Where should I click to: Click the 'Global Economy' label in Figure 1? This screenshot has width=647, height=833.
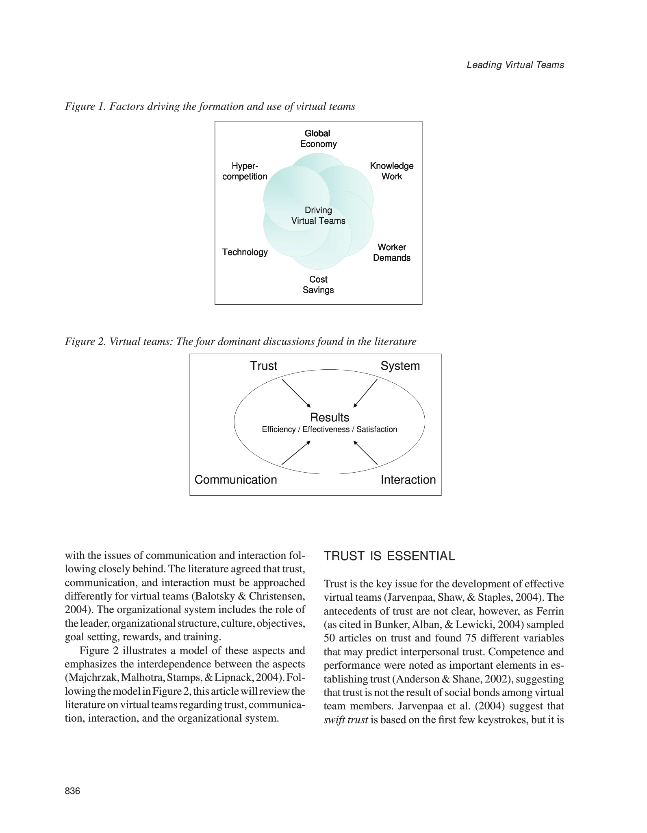tap(318, 139)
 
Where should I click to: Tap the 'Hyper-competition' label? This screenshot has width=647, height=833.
tap(245, 171)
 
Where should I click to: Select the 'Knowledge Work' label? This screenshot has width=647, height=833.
tap(391, 171)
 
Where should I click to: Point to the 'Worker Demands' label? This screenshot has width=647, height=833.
tap(391, 253)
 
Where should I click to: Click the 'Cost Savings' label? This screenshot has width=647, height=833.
tap(318, 285)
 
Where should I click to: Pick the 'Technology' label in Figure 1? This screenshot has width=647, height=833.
tap(245, 252)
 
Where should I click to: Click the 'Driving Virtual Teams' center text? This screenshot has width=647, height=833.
tap(318, 216)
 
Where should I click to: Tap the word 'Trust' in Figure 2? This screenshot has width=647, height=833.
tap(264, 366)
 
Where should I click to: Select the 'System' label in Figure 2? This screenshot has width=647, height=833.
tap(400, 366)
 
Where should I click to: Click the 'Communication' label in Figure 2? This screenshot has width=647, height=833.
tap(236, 480)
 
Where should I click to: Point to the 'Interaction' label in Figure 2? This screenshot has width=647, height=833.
tap(408, 480)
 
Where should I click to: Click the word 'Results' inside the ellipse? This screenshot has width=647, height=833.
tap(330, 417)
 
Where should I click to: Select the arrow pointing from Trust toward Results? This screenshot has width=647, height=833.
tap(296, 393)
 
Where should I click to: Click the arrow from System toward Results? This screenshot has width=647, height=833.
tap(365, 393)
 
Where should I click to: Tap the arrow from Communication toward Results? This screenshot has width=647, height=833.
tap(296, 453)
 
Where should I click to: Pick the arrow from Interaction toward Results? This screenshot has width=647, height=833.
tap(365, 453)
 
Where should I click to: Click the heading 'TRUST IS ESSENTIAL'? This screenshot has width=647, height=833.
tap(389, 556)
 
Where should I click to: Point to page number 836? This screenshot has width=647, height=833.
tap(73, 791)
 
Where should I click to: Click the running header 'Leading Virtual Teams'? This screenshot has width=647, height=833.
tap(515, 65)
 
